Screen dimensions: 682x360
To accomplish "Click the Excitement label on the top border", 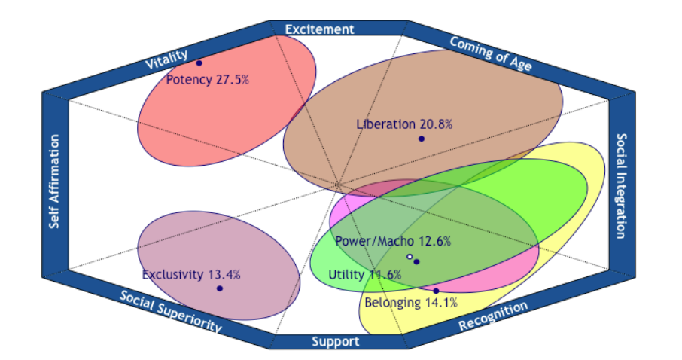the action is pyautogui.click(x=319, y=29).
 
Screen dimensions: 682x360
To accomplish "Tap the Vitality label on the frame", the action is pyautogui.click(x=166, y=59).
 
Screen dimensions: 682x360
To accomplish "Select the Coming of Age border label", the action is pyautogui.click(x=491, y=53).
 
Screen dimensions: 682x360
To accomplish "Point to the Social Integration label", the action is pyautogui.click(x=622, y=186).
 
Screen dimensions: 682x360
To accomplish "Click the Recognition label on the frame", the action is pyautogui.click(x=493, y=316).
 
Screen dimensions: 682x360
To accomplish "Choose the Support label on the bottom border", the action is pyautogui.click(x=335, y=342).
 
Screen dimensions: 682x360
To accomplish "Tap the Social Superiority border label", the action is pyautogui.click(x=170, y=311).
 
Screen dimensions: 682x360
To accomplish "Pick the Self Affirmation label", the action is pyautogui.click(x=54, y=181).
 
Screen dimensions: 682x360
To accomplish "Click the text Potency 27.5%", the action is pyautogui.click(x=208, y=80).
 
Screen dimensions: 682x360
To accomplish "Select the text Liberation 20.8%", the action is pyautogui.click(x=404, y=124).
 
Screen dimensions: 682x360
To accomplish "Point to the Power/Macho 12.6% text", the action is pyautogui.click(x=393, y=241).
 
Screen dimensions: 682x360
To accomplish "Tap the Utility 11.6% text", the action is pyautogui.click(x=364, y=275).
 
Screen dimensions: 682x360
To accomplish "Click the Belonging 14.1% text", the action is pyautogui.click(x=410, y=303).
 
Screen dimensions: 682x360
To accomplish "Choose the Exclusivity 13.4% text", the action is pyautogui.click(x=191, y=275).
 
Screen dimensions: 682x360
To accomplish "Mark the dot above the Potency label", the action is pyautogui.click(x=199, y=63).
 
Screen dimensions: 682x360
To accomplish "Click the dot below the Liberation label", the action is pyautogui.click(x=422, y=139).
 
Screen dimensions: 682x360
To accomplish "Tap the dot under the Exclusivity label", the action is pyautogui.click(x=220, y=288).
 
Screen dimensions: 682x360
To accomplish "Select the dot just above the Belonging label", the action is pyautogui.click(x=436, y=291).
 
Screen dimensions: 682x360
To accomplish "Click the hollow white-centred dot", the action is pyautogui.click(x=410, y=257).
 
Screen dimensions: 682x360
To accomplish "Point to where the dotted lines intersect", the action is pyautogui.click(x=339, y=185).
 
